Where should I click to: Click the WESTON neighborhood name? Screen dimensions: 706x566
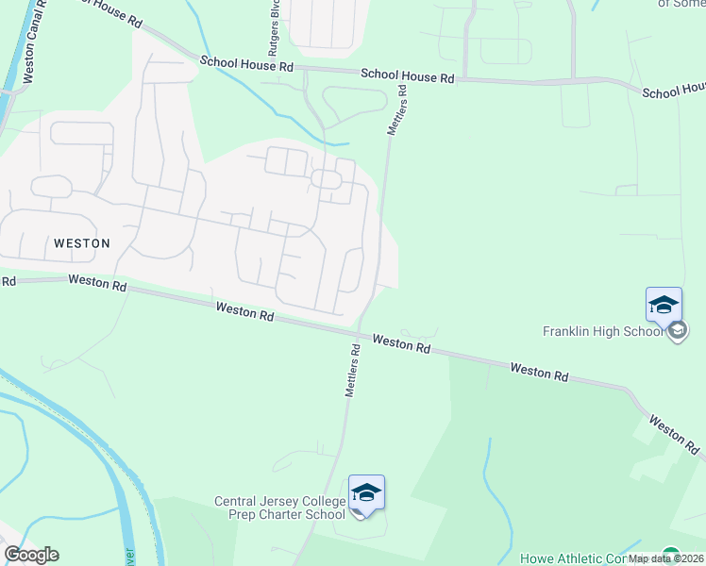pyautogui.click(x=82, y=242)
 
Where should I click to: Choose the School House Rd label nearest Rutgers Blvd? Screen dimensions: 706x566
pyautogui.click(x=246, y=64)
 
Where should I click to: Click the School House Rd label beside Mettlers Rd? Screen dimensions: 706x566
pyautogui.click(x=408, y=76)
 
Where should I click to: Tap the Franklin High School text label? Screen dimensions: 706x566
pyautogui.click(x=603, y=331)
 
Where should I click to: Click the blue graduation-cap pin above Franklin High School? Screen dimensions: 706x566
pyautogui.click(x=664, y=305)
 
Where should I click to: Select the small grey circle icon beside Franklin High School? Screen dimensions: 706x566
pyautogui.click(x=678, y=330)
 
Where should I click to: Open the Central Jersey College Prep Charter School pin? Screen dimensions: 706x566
pyautogui.click(x=366, y=492)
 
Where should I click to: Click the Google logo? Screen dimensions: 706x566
pyautogui.click(x=31, y=555)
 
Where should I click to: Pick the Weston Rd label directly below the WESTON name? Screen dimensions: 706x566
pyautogui.click(x=96, y=282)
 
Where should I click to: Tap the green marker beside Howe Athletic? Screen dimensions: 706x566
pyautogui.click(x=670, y=556)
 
